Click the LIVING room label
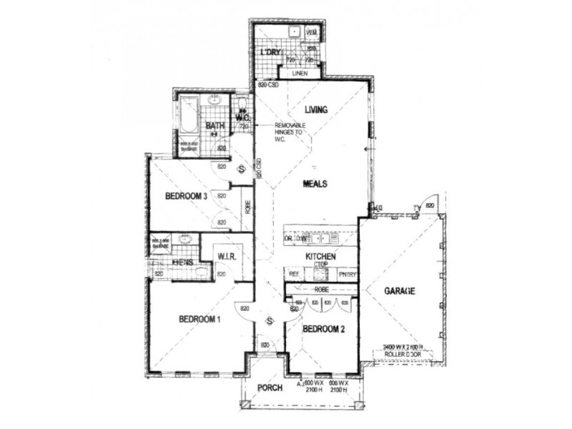315,110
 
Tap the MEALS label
315,184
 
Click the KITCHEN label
321,256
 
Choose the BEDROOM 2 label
325,330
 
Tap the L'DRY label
270,53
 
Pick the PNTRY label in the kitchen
347,274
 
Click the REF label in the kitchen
293,274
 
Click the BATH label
215,127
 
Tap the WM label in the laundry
312,34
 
